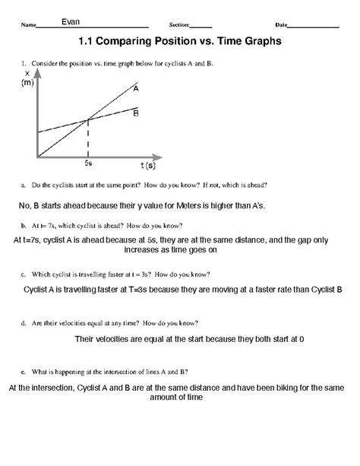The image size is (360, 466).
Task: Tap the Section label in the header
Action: pos(178,25)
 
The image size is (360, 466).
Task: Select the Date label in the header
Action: pos(281,25)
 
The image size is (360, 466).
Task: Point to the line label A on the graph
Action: pos(135,89)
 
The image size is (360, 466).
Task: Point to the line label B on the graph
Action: pos(135,113)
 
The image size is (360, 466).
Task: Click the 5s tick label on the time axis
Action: pos(88,163)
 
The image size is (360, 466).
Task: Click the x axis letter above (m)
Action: pos(27,73)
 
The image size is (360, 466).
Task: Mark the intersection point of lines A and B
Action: pos(89,119)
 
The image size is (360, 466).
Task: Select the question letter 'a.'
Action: pos(25,185)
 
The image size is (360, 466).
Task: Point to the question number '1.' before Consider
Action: pos(24,65)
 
